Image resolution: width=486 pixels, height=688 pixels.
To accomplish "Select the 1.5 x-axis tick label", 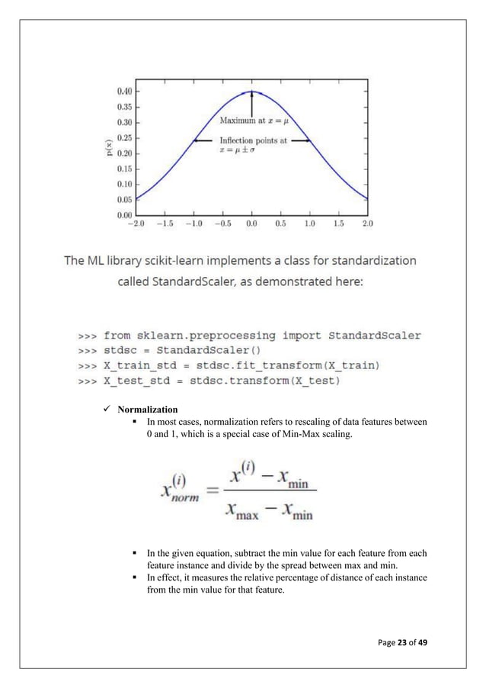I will (338, 224).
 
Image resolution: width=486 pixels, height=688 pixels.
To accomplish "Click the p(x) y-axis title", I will (110, 153).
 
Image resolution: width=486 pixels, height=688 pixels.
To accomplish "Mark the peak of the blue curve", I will (251, 92).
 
